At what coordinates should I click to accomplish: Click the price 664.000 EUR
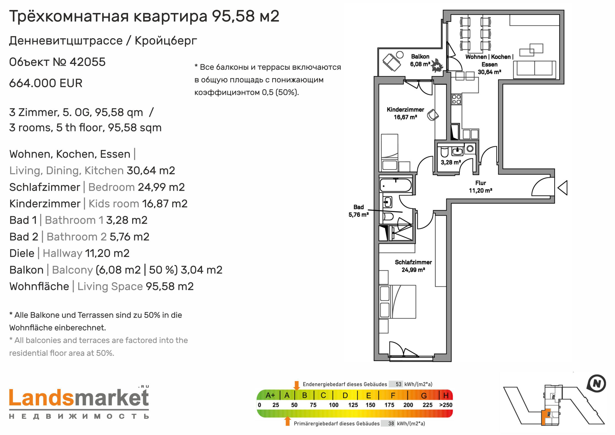point(46,83)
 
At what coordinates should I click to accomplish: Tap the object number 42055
point(88,62)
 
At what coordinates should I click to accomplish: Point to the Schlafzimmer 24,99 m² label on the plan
point(413,266)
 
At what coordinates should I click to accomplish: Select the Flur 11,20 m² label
point(480,187)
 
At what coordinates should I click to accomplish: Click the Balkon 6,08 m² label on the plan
point(420,60)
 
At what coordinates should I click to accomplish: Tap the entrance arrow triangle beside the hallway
point(562,188)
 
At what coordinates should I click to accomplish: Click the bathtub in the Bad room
point(396,185)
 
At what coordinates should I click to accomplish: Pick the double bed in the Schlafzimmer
point(398,302)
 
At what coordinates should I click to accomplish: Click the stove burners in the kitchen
point(456,99)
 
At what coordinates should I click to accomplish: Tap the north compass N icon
point(597,383)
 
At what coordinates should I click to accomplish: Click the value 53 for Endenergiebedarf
point(398,384)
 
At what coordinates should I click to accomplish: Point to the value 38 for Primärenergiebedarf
point(391,423)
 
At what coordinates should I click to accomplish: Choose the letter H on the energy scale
point(446,395)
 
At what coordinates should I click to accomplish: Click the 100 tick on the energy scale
point(334,405)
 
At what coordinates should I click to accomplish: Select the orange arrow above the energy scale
point(296,385)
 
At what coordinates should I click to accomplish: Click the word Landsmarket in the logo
point(79,398)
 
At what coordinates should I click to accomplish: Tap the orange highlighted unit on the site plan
point(545,416)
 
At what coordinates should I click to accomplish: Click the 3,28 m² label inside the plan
point(451,162)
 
